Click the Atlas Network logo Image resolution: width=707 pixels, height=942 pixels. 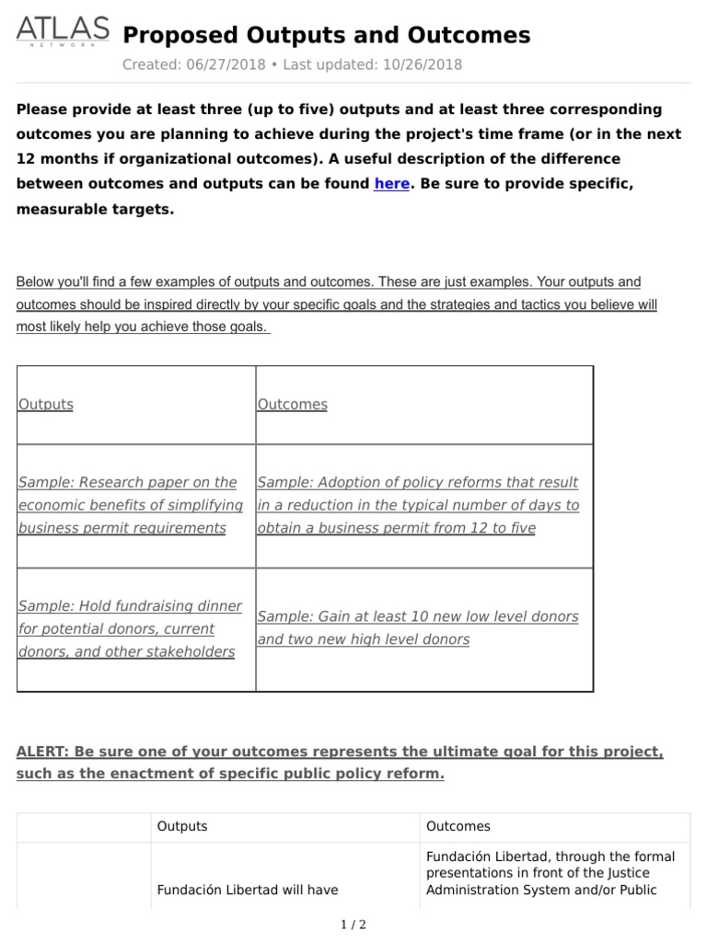tap(61, 33)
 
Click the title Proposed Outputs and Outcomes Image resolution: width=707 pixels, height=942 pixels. tap(326, 35)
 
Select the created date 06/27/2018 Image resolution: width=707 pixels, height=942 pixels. tap(226, 64)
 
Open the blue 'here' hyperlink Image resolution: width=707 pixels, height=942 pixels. tap(391, 183)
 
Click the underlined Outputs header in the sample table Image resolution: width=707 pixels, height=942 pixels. tap(46, 404)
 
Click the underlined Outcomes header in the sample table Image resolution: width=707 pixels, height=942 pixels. tap(292, 404)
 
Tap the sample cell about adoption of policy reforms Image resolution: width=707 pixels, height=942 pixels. tap(418, 505)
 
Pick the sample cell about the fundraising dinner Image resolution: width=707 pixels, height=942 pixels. tap(130, 629)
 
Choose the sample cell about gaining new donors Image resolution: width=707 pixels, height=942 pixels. tap(418, 627)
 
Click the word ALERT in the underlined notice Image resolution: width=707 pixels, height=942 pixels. tap(41, 752)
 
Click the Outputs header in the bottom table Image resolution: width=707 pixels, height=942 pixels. tap(182, 826)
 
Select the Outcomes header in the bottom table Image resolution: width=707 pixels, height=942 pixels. tap(458, 826)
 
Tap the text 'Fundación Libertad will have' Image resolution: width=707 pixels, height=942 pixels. tap(248, 890)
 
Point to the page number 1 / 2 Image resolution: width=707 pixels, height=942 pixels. tap(353, 925)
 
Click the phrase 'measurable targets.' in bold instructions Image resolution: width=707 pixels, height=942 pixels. tap(95, 209)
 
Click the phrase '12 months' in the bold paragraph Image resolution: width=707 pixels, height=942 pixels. tap(55, 158)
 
